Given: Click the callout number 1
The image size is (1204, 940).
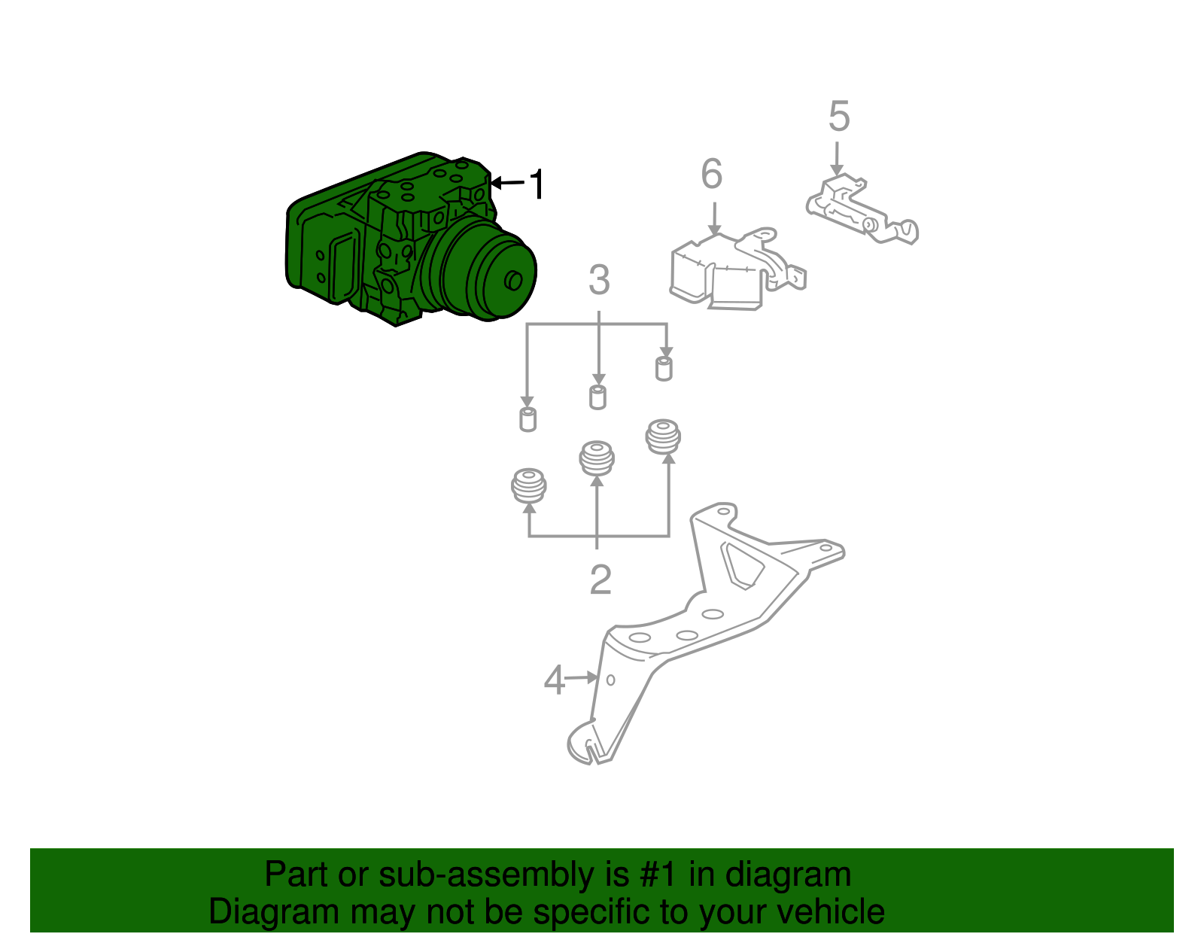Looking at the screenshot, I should (x=537, y=184).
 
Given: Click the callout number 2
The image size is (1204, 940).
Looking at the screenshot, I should (x=600, y=580).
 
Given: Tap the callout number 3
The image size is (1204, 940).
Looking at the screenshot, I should (x=599, y=281).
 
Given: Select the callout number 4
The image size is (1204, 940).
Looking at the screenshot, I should (x=554, y=681).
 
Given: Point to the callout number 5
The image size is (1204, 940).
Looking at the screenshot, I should (x=839, y=117).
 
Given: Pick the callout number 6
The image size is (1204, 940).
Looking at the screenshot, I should (x=712, y=174).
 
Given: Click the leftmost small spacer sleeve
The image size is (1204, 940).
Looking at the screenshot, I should (x=528, y=419).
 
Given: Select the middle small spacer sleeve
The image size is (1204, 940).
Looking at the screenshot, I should (x=597, y=397).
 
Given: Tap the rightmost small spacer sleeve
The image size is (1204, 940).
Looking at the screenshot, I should (x=664, y=369).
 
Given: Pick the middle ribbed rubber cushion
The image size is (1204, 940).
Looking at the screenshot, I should (x=597, y=458).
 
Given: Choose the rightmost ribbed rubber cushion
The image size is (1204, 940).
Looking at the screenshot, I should (x=664, y=437).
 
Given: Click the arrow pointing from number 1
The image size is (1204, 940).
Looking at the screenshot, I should (x=509, y=183).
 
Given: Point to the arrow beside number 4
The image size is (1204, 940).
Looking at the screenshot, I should (x=581, y=678).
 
